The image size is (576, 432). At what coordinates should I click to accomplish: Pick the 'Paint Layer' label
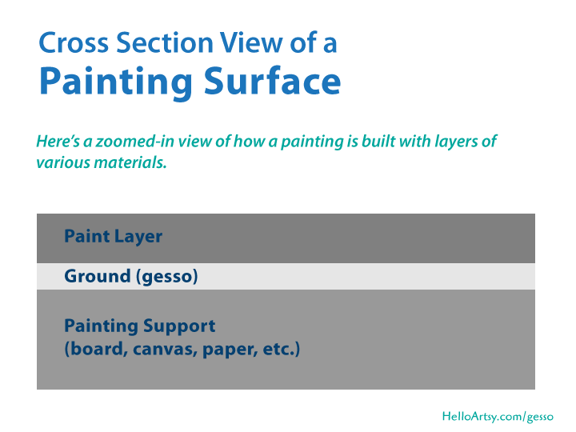click(113, 237)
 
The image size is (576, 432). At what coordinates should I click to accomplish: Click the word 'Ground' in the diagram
click(97, 277)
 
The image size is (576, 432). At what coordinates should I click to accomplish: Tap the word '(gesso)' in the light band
click(166, 277)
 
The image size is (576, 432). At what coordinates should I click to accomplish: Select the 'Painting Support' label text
click(139, 326)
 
